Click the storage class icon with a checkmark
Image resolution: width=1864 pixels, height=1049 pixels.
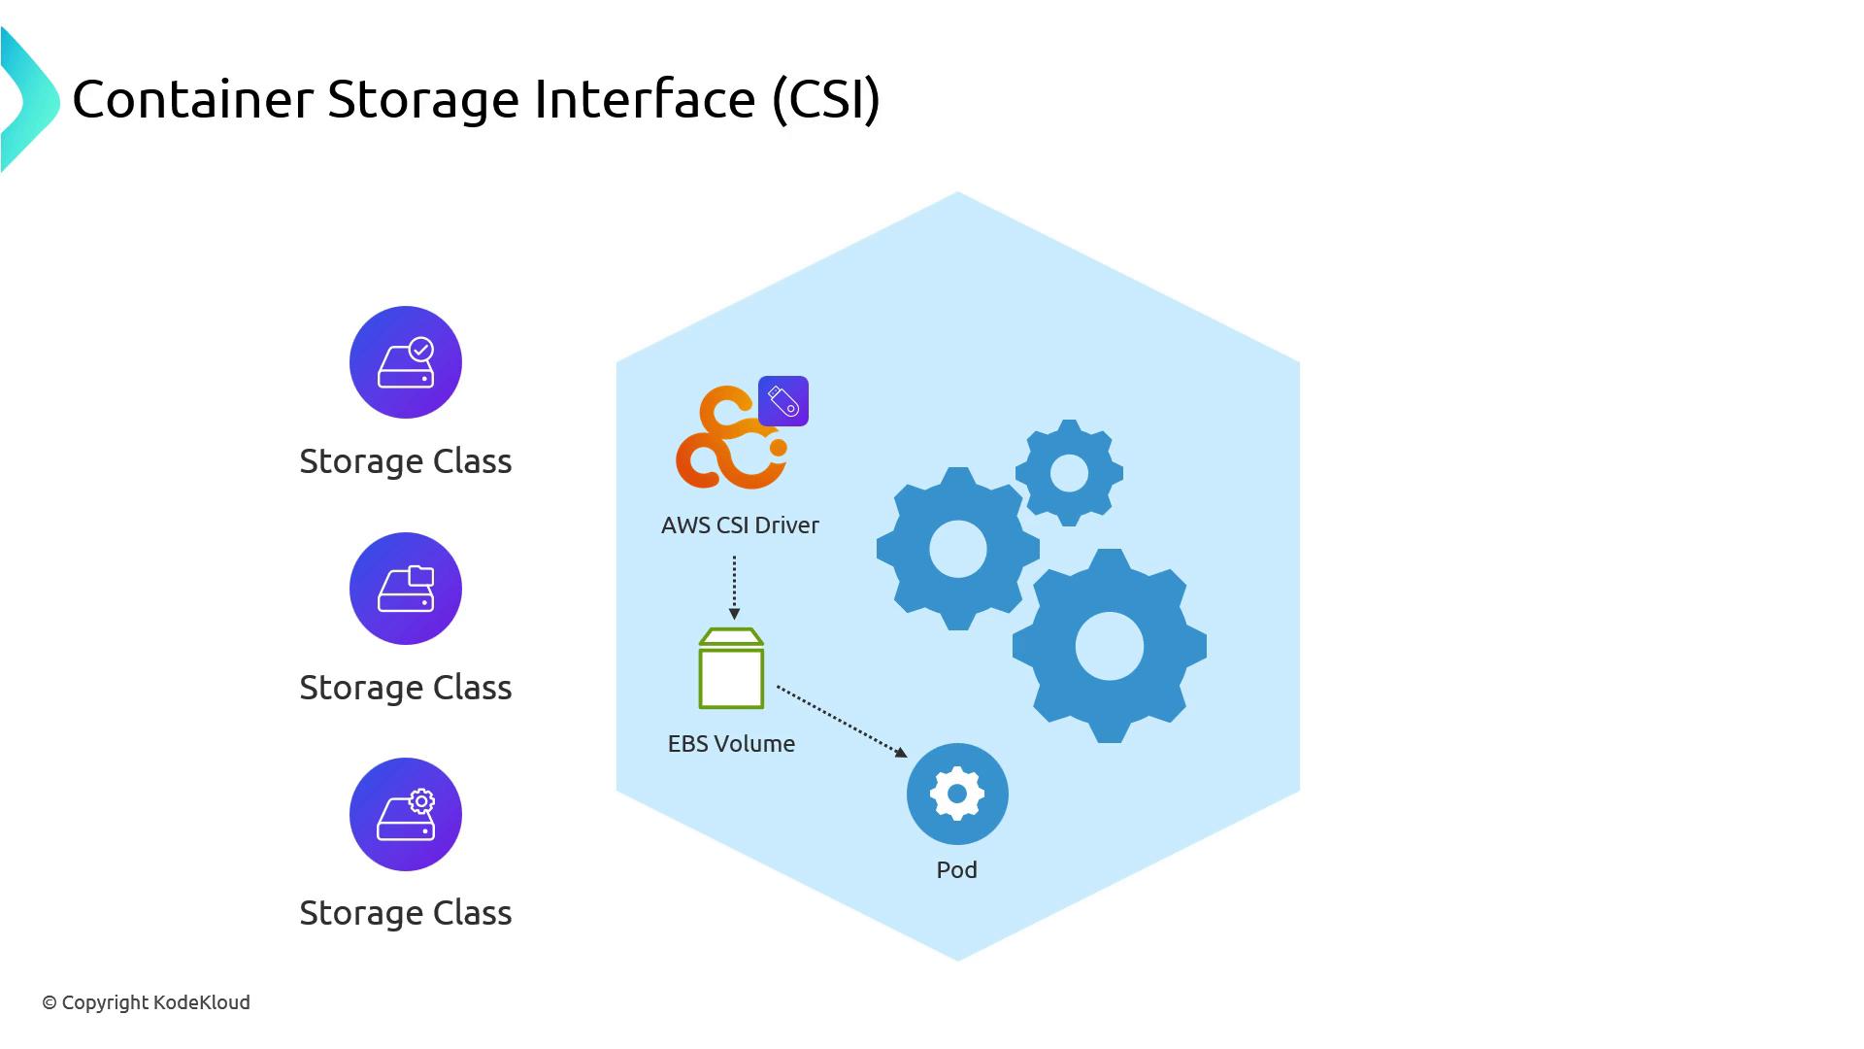tap(406, 362)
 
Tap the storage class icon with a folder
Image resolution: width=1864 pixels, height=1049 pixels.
tap(406, 589)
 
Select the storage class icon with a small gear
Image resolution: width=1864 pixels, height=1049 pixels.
tap(406, 814)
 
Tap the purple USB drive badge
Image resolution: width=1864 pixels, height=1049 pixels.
tap(783, 401)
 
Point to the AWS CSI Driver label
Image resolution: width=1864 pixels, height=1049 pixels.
tap(740, 525)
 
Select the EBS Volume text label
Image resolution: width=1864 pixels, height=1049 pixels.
tap(731, 744)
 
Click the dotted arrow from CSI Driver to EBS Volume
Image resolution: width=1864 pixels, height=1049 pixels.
tap(734, 587)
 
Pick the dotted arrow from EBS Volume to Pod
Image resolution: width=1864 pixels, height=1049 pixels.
tap(841, 721)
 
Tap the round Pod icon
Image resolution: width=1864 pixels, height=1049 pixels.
tap(957, 794)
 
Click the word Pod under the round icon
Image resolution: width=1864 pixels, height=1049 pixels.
tap(956, 870)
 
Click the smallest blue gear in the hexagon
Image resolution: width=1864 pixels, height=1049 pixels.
tap(1069, 473)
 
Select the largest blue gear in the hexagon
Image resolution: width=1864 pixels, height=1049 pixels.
tap(1109, 646)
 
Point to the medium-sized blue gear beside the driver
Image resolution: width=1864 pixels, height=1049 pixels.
tap(957, 549)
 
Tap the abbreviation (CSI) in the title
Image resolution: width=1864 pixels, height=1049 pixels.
tap(826, 99)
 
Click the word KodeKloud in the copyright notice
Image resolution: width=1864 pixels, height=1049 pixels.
tap(201, 1002)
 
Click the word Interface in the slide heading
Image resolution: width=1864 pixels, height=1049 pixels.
tap(645, 99)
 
